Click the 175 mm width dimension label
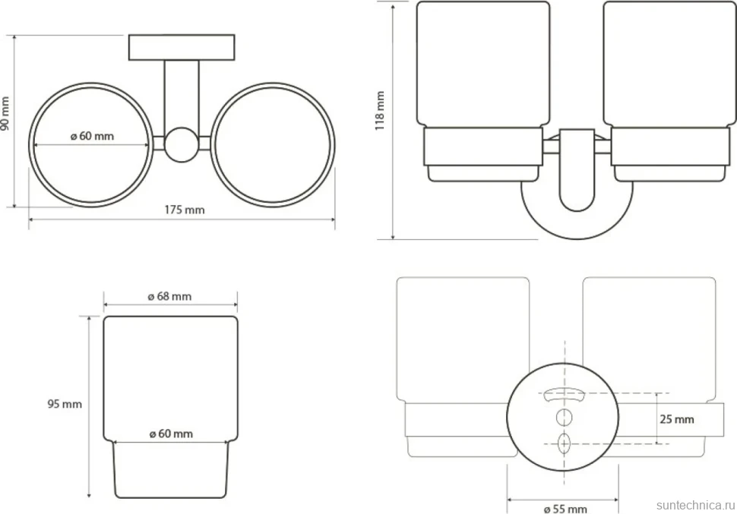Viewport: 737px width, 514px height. (184, 210)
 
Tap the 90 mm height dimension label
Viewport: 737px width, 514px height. (5, 113)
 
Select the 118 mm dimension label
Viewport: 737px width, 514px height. (380, 110)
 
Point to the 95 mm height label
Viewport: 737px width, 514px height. (65, 404)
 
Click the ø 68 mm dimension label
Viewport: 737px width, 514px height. (169, 296)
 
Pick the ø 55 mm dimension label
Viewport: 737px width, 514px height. (565, 509)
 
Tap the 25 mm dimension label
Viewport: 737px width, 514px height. (677, 419)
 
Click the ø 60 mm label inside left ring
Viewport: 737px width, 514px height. (92, 136)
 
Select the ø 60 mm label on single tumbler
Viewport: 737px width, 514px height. (171, 434)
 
